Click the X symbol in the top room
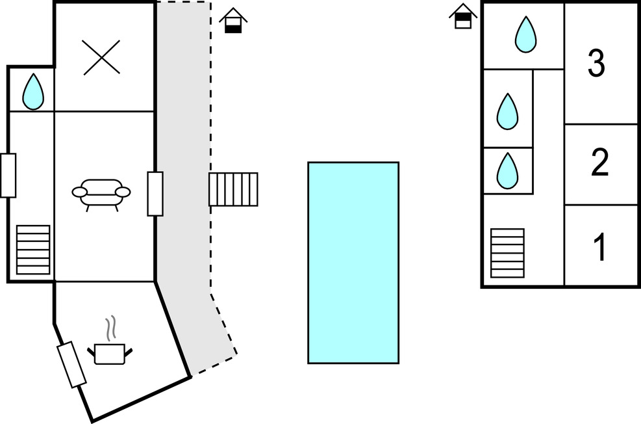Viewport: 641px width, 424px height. [101, 57]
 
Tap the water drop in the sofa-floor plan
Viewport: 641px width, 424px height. [33, 92]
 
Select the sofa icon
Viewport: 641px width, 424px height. [101, 193]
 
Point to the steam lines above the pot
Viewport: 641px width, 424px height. [112, 329]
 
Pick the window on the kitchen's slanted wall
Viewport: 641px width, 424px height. [71, 365]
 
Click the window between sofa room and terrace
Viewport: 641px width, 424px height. [155, 193]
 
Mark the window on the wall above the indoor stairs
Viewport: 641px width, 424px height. [8, 175]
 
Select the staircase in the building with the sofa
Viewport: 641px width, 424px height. [33, 250]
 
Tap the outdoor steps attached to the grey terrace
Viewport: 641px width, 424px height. [233, 189]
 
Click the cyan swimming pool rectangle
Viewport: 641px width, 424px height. [353, 262]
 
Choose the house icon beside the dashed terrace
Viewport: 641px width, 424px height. [233, 21]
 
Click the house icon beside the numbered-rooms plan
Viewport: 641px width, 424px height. [462, 16]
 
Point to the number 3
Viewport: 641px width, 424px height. [596, 64]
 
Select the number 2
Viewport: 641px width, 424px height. [599, 163]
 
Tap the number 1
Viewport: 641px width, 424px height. [600, 247]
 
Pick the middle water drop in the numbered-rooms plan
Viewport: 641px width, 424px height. [508, 111]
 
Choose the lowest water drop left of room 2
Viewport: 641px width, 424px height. [508, 170]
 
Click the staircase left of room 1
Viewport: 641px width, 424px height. [507, 253]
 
